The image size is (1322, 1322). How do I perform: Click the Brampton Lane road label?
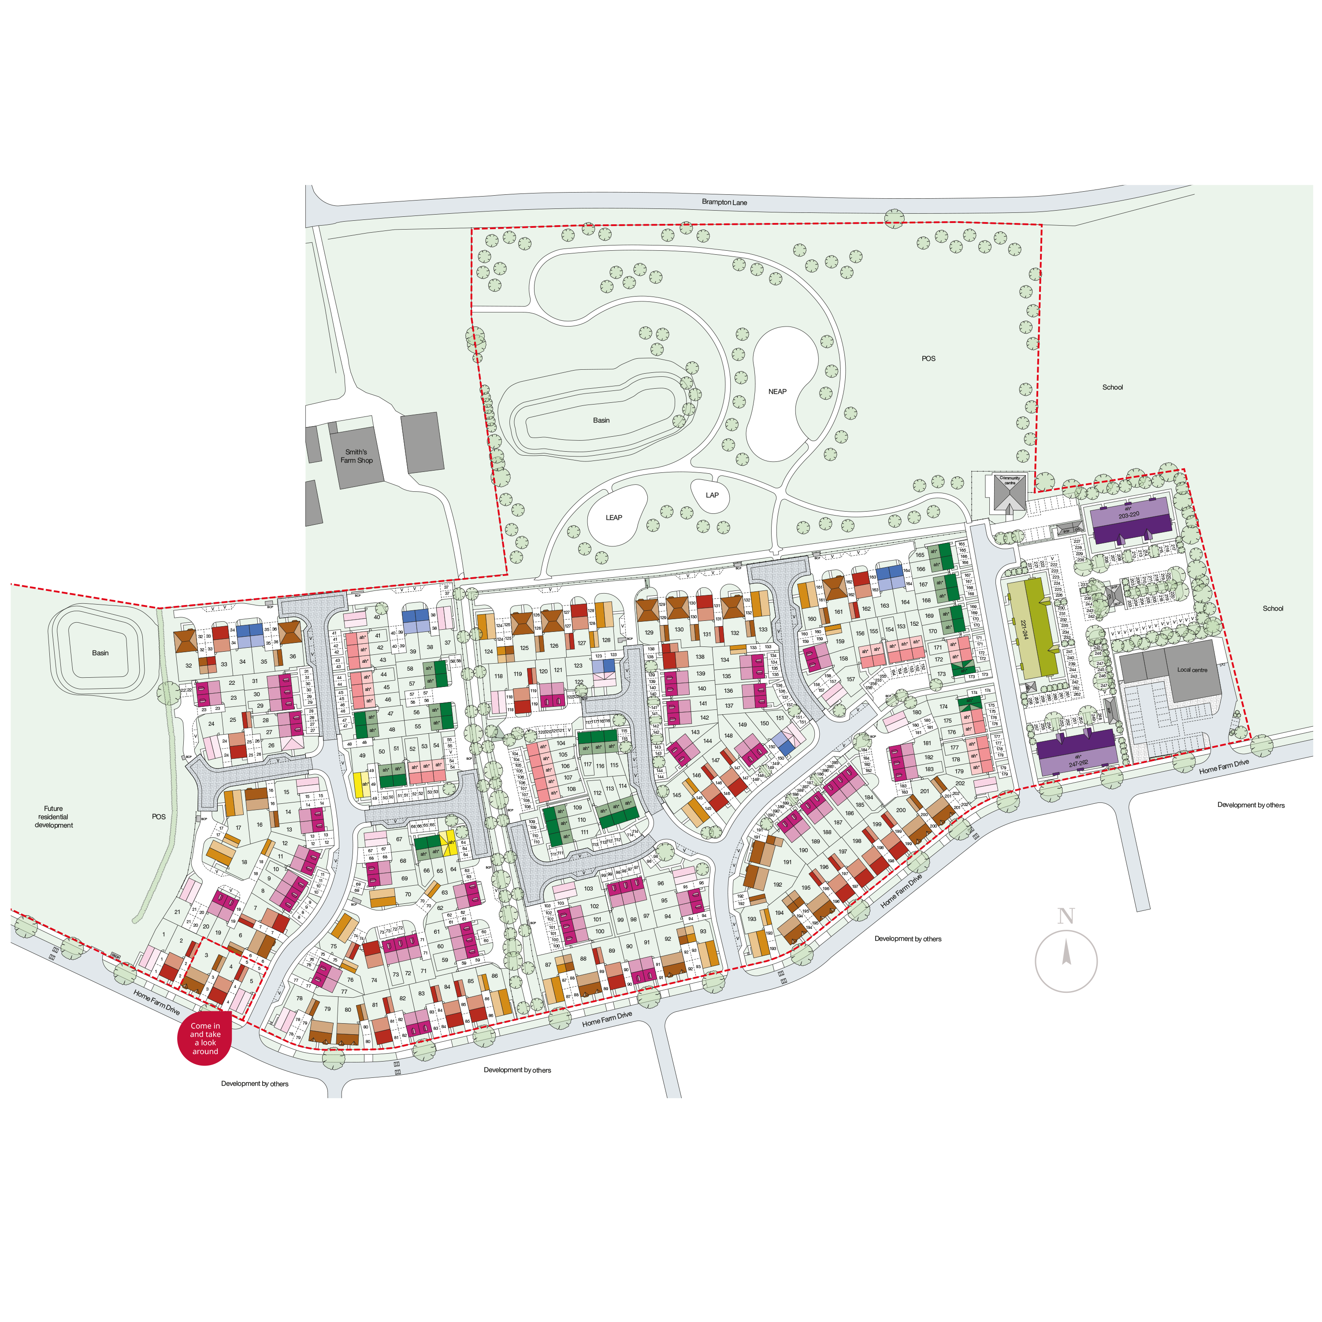pos(724,203)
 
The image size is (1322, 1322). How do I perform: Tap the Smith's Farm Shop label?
pos(356,457)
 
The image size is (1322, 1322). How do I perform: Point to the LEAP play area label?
pos(614,518)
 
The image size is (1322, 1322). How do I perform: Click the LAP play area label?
pos(712,495)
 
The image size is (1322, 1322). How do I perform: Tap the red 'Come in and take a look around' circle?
pos(204,1039)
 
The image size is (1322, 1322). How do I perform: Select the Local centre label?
pos(1192,670)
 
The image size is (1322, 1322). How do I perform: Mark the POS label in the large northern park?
pos(928,359)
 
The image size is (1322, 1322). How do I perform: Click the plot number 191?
pos(787,862)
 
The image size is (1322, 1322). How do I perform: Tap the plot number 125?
pos(524,648)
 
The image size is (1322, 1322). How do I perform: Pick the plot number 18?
pos(244,862)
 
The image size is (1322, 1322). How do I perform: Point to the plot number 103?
pos(588,889)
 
